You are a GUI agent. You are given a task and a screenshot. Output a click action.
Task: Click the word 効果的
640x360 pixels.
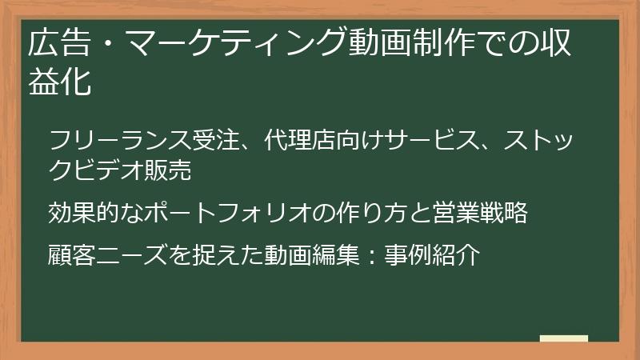coord(83,214)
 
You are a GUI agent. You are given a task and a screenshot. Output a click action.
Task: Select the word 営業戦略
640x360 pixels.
coord(480,214)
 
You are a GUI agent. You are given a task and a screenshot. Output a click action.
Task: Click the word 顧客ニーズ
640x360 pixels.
coord(107,255)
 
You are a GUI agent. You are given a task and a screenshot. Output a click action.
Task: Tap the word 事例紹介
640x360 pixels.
coord(431,255)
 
